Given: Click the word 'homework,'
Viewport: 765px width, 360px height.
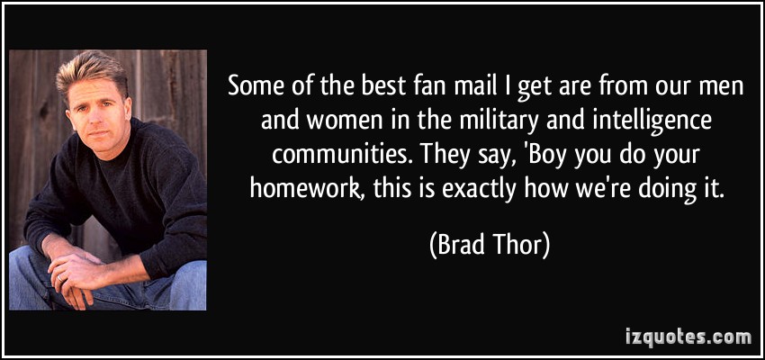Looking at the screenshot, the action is [x=306, y=187].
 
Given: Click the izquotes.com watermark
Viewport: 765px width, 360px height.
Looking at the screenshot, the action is [x=688, y=336].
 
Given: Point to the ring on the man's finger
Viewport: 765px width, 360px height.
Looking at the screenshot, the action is [x=60, y=277].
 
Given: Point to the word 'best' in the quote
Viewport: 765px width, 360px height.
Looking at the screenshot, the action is [x=379, y=88].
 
